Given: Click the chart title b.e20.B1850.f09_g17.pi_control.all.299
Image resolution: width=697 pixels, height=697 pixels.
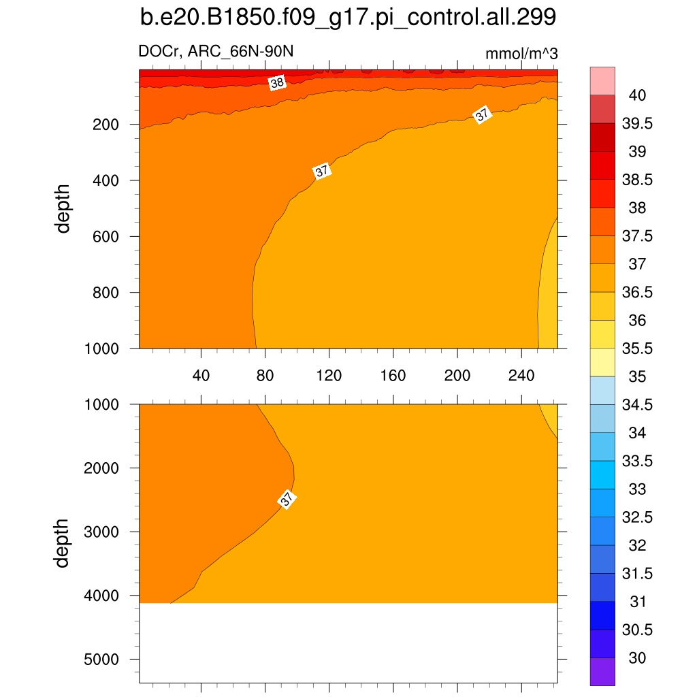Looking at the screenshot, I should (348, 18).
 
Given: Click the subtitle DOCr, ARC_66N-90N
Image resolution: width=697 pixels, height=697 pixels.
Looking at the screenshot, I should (216, 52).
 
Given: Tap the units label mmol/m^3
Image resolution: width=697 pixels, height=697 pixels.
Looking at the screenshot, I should (521, 53).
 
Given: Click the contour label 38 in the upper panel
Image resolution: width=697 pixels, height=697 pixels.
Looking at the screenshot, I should (277, 83).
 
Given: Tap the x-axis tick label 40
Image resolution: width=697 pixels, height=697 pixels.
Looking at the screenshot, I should (201, 375).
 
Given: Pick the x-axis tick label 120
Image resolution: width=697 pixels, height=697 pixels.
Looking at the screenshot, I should (329, 375).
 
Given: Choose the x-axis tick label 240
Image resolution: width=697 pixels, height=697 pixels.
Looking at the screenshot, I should (521, 375).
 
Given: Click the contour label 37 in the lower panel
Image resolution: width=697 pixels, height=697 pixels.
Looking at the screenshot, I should (287, 500).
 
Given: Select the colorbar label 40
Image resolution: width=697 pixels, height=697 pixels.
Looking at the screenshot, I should (637, 95).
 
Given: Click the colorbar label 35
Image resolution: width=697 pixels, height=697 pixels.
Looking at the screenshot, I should (637, 376).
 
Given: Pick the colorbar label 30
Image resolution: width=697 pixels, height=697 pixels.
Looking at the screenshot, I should (637, 658).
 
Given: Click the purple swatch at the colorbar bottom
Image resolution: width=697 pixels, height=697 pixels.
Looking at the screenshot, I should (602, 672).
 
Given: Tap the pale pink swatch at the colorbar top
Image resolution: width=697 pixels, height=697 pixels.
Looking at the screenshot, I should (602, 80).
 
